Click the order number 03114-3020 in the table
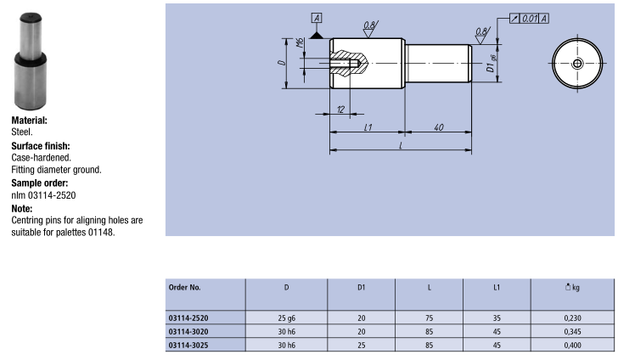[188, 332]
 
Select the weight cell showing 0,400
[572, 346]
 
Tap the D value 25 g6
[287, 318]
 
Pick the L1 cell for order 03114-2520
[497, 318]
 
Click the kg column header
[572, 287]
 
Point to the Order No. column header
[184, 287]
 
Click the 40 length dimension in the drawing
[439, 127]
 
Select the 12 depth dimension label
[341, 110]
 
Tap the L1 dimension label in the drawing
[368, 127]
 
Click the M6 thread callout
[301, 42]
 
